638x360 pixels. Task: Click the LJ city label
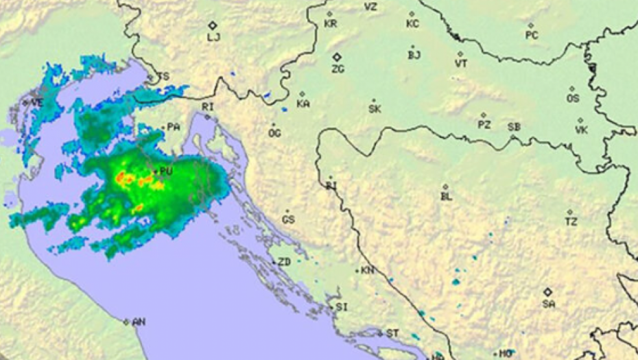click(213, 37)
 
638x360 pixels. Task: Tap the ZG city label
click(338, 69)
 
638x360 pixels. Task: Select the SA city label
click(548, 303)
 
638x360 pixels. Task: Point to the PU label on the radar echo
click(166, 171)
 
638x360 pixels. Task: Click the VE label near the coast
click(37, 102)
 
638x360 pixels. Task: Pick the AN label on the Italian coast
click(139, 322)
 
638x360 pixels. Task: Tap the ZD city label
click(283, 263)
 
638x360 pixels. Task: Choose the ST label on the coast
click(392, 333)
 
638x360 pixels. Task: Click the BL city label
click(447, 197)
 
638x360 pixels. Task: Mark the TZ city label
click(571, 222)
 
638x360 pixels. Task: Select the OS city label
click(573, 99)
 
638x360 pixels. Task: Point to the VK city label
click(582, 130)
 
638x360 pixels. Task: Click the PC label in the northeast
click(532, 35)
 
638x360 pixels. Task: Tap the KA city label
click(303, 104)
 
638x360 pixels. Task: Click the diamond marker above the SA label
click(547, 291)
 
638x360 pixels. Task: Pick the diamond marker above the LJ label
click(213, 25)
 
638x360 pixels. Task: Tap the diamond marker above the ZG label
click(337, 57)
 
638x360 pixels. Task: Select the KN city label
click(368, 271)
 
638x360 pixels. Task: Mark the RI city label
click(208, 106)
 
